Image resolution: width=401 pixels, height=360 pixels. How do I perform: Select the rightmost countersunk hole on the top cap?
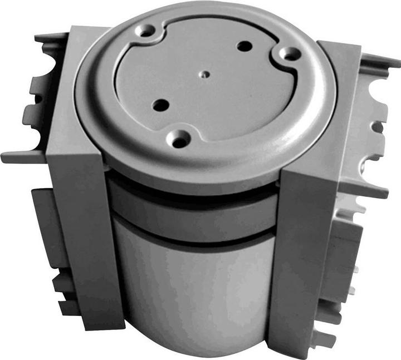(288, 55)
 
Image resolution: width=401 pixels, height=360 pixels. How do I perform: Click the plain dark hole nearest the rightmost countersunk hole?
(243, 46)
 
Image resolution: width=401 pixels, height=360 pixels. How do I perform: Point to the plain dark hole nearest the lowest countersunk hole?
(160, 104)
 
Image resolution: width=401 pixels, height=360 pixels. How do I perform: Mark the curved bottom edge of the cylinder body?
(195, 348)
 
